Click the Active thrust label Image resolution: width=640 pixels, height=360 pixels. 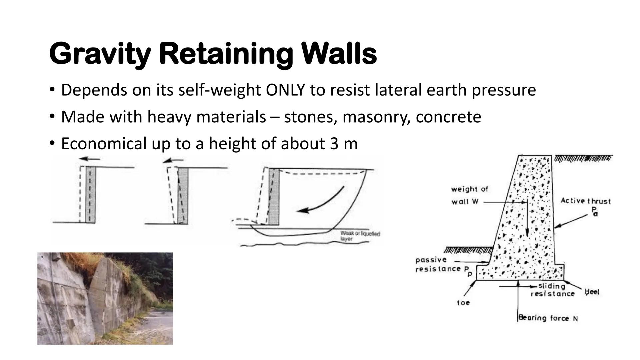coord(585,201)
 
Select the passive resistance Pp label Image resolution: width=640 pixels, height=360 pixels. coord(440,265)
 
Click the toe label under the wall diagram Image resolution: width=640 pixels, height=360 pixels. coord(463,303)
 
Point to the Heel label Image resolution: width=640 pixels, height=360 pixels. coord(592,292)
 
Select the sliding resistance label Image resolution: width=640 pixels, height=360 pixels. coord(552,290)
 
